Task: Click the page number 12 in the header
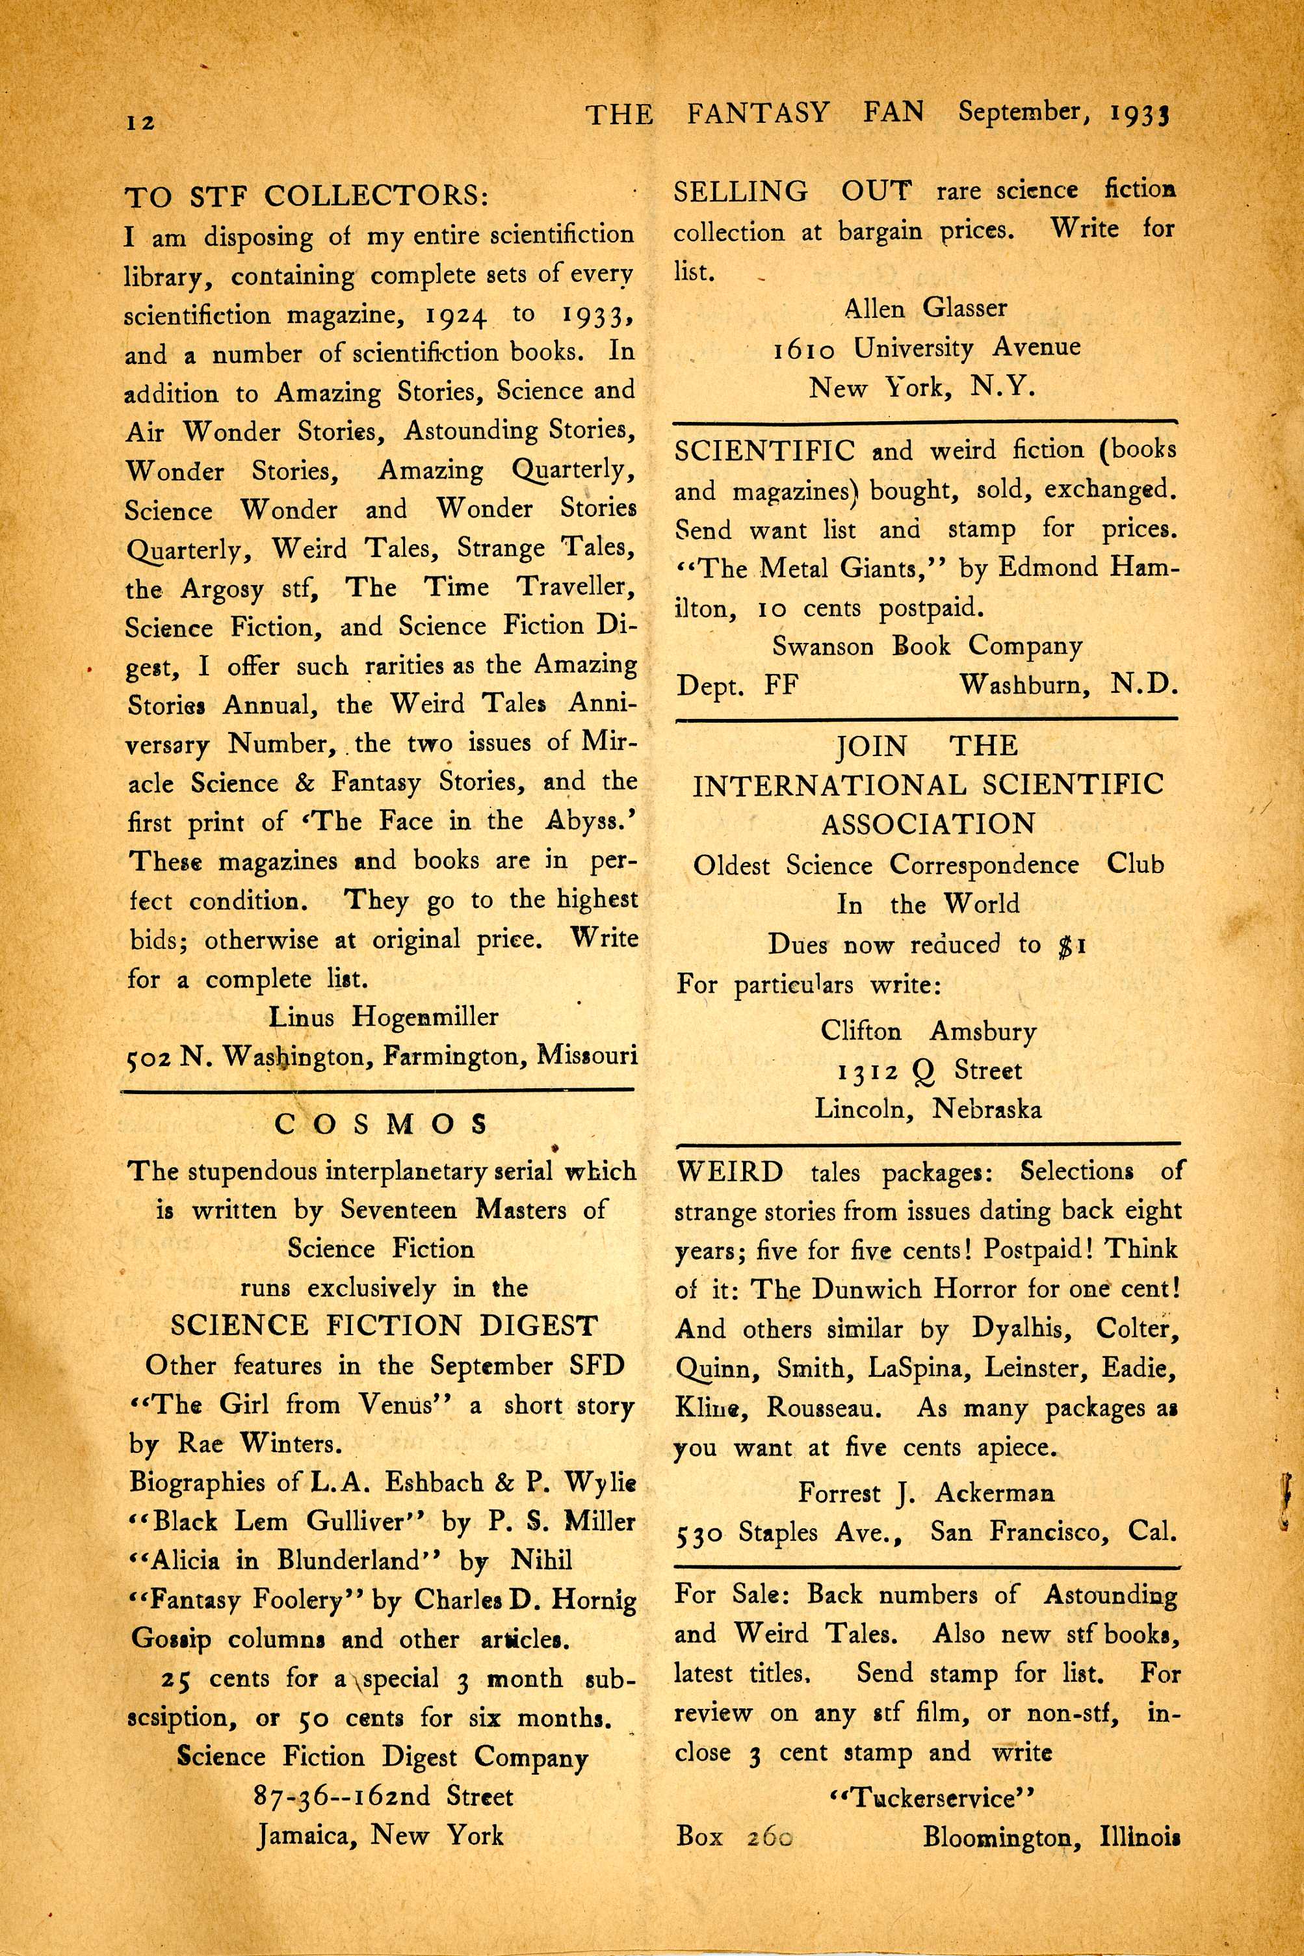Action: [140, 122]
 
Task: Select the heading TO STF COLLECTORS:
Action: [306, 196]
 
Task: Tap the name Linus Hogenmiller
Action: [382, 1016]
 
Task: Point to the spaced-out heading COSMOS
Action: [381, 1125]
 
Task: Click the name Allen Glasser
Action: [925, 309]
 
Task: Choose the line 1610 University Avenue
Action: [926, 348]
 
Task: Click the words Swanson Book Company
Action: [926, 646]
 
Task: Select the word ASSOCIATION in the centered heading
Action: [928, 824]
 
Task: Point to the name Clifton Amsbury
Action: [928, 1031]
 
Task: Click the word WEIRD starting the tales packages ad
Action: [729, 1172]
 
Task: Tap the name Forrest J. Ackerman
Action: [926, 1493]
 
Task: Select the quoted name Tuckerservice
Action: [932, 1798]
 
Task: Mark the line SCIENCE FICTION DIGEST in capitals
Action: [384, 1325]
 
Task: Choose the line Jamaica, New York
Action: [380, 1835]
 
